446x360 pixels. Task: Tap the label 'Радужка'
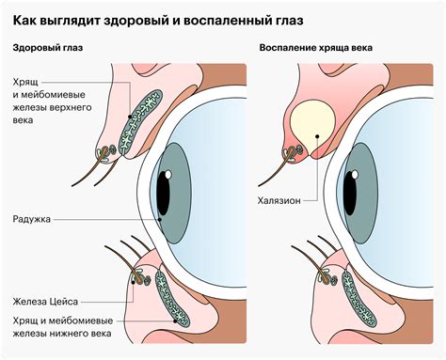click(x=33, y=219)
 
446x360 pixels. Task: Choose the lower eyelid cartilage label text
click(x=61, y=327)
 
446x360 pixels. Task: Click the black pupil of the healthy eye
click(x=164, y=194)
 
